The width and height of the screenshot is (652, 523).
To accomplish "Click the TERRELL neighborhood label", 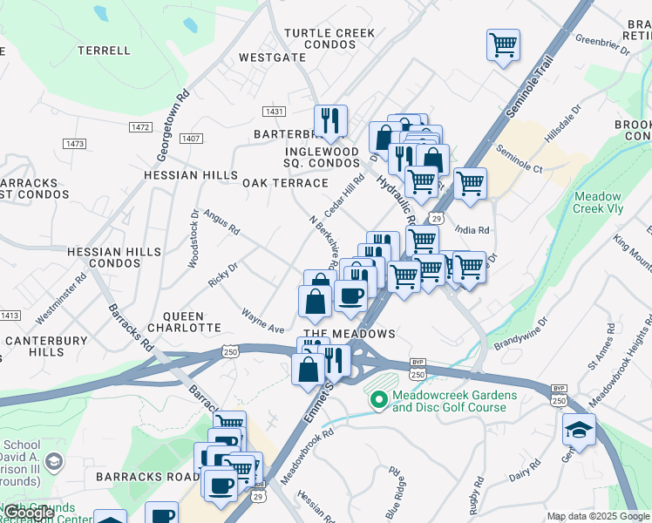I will click(x=104, y=51).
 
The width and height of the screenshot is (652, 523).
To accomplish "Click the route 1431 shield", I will click(x=275, y=112).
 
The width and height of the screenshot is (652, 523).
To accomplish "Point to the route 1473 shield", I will click(x=74, y=142).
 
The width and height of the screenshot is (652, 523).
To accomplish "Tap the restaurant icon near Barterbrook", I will click(x=330, y=120).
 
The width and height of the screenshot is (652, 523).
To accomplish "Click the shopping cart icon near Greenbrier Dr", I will click(x=503, y=44).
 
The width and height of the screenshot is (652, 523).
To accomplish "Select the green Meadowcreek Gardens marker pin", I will click(x=378, y=400).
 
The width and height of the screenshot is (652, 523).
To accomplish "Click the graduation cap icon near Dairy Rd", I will click(x=579, y=431).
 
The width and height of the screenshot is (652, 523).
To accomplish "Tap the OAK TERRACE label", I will click(x=285, y=183).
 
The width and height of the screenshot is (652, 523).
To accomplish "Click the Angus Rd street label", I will click(x=221, y=221).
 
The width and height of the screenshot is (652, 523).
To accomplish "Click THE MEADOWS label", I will click(x=349, y=334).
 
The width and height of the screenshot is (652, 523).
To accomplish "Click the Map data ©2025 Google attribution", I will click(x=598, y=516).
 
